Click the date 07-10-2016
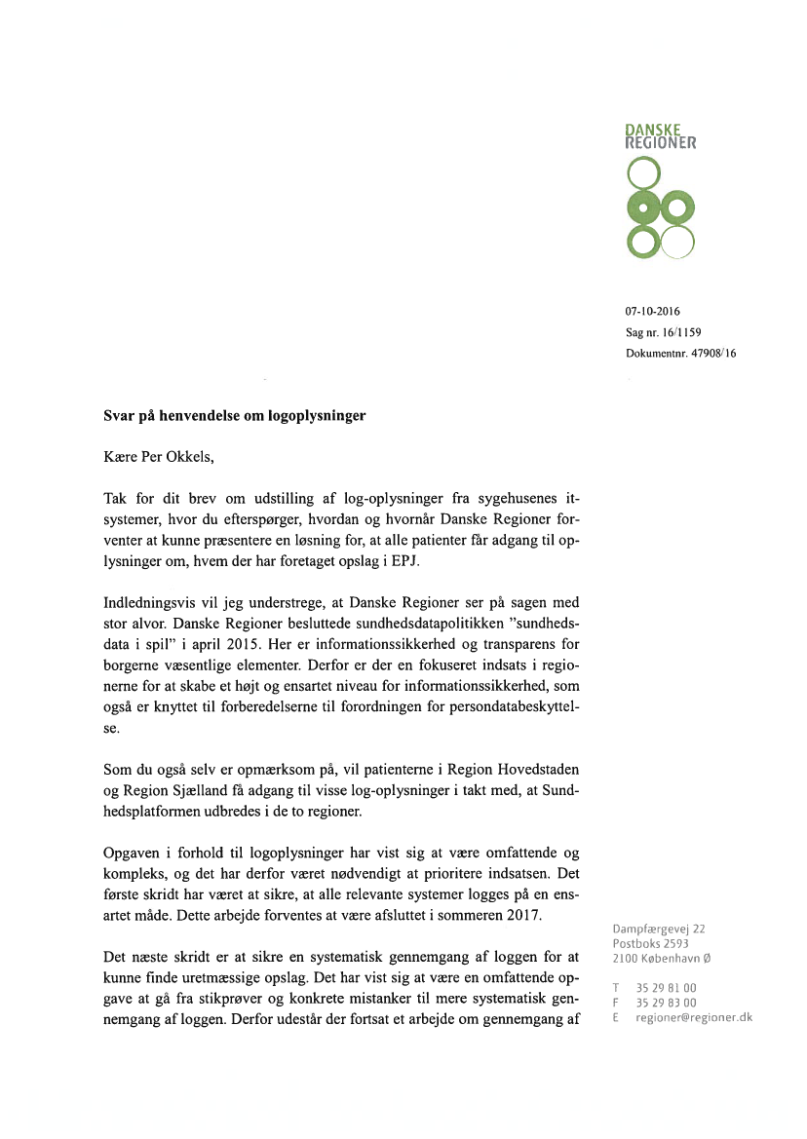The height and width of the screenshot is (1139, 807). pyautogui.click(x=652, y=312)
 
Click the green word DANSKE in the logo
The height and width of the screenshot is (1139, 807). pyautogui.click(x=652, y=129)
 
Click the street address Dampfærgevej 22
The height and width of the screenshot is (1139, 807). pyautogui.click(x=659, y=929)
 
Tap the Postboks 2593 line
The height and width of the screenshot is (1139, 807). pyautogui.click(x=650, y=943)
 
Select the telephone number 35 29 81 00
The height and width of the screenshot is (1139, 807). pyautogui.click(x=667, y=987)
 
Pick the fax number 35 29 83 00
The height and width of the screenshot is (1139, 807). pyautogui.click(x=667, y=1002)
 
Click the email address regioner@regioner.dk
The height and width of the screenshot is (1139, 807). pyautogui.click(x=694, y=1017)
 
